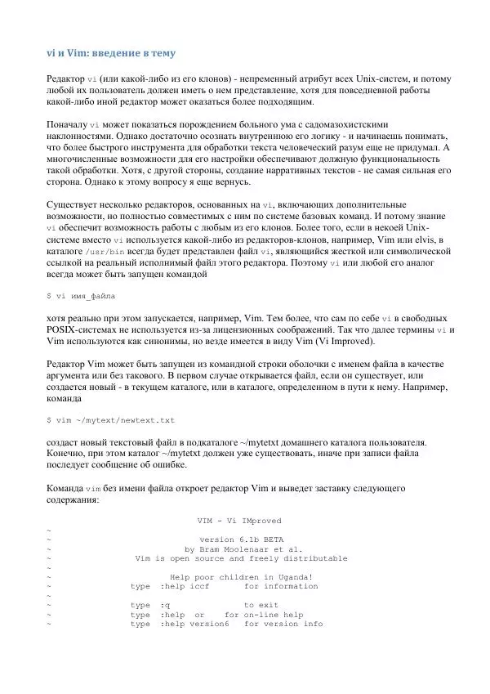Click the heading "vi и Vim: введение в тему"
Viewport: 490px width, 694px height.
click(110, 53)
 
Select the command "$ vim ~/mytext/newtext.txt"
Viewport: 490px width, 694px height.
click(111, 420)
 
